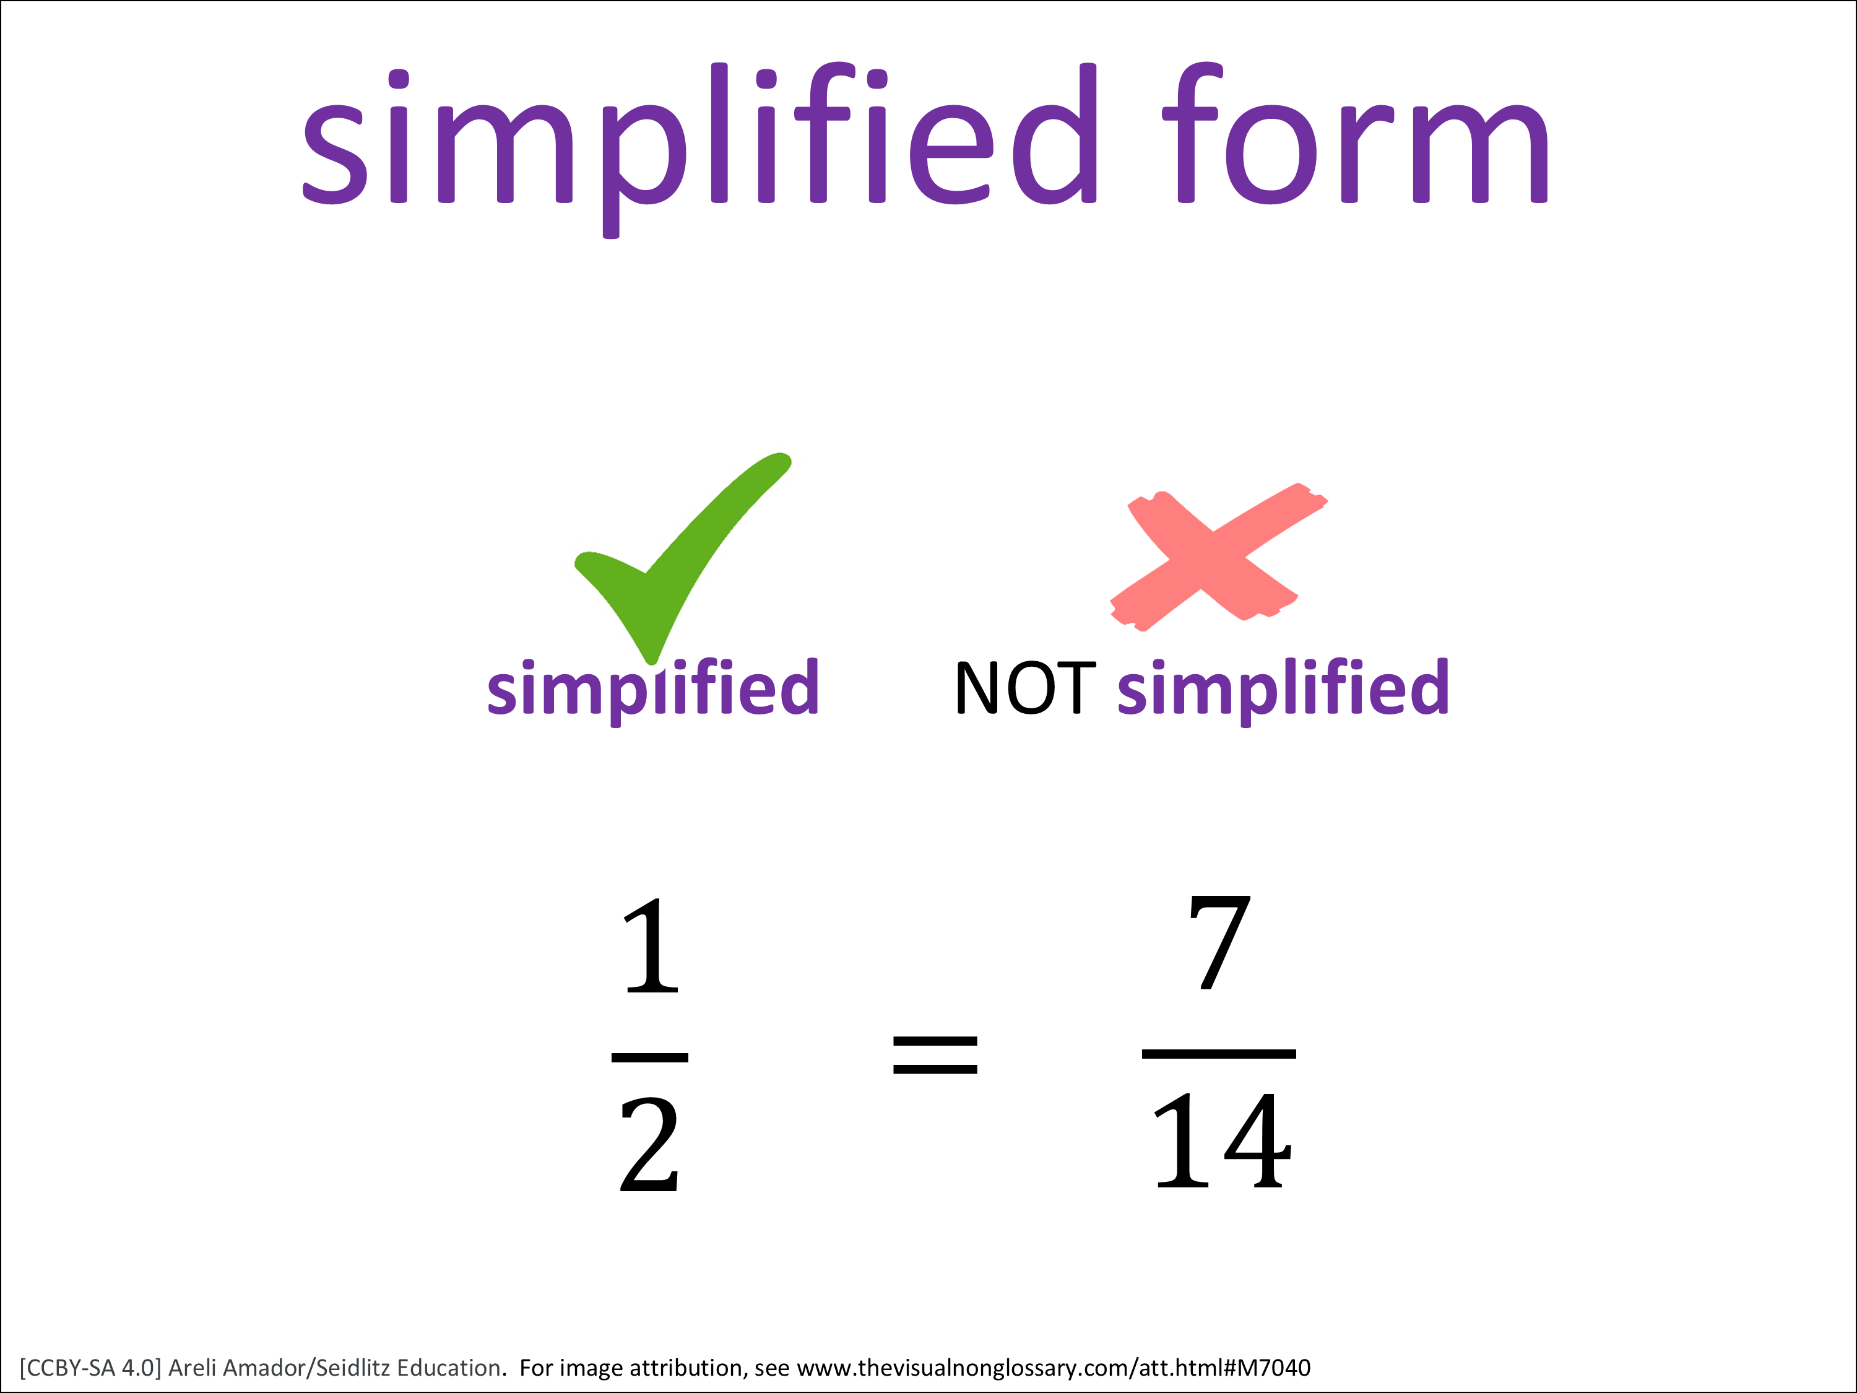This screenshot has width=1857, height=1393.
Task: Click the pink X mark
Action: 1219,557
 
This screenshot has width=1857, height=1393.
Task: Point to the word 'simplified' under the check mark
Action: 653,690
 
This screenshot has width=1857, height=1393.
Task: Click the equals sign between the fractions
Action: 935,1056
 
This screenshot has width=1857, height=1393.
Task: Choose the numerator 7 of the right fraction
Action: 1220,942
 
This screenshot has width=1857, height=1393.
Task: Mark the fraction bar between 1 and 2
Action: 650,1057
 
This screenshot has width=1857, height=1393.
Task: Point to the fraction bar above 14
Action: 1219,1053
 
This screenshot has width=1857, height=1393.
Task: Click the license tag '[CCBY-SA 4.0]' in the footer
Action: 90,1368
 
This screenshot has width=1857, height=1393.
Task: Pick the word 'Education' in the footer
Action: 449,1368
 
